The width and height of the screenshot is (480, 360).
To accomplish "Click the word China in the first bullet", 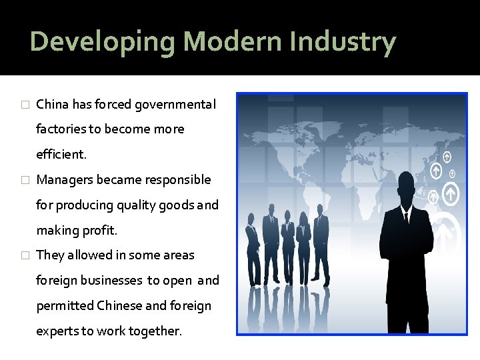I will click(52, 105).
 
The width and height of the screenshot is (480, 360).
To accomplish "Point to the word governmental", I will click(175, 105).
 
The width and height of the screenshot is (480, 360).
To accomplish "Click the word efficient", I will click(61, 155).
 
